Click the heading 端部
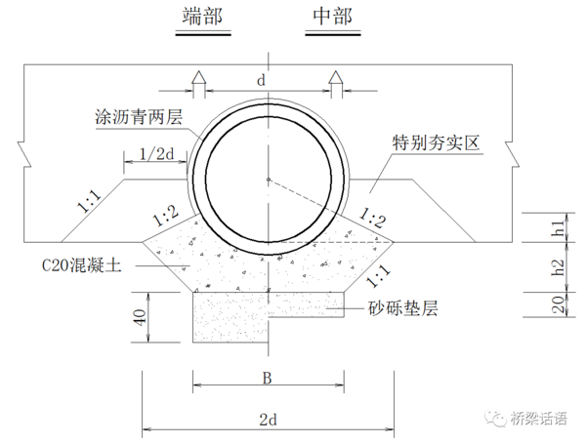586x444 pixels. (202, 17)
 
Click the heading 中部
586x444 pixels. (332, 17)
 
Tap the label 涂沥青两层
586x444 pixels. (139, 117)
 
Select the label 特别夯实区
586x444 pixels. (436, 142)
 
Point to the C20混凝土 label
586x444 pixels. (81, 265)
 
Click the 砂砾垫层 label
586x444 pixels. (402, 308)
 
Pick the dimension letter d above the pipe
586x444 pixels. (261, 80)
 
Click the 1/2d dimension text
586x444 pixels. (157, 153)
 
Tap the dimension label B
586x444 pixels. (267, 378)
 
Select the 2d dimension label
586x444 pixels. (268, 420)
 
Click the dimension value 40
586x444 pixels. (140, 317)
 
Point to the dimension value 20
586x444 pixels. (558, 304)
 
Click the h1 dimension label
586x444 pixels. (558, 227)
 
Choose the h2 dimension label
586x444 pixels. (558, 267)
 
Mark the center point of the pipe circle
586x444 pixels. (269, 180)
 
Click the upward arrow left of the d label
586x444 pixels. (199, 84)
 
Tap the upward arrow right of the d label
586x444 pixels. (336, 84)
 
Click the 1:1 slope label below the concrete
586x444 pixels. (378, 276)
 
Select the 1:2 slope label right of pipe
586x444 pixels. (372, 218)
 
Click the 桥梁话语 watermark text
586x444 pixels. (538, 419)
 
